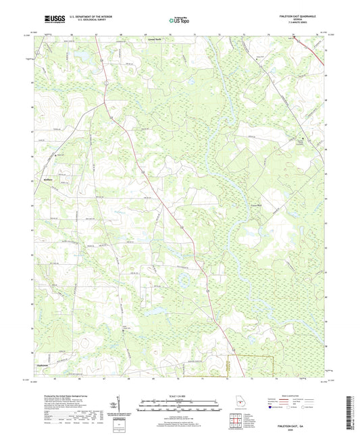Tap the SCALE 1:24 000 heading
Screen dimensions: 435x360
click(x=180, y=395)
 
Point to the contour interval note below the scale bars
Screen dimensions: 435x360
click(x=180, y=413)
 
